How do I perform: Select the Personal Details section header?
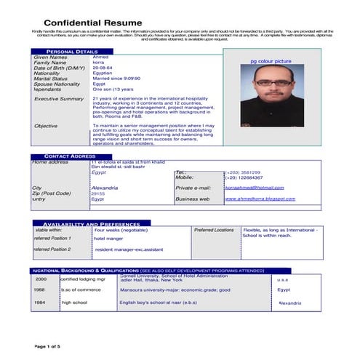click(x=71, y=52)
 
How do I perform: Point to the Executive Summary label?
click(x=59, y=98)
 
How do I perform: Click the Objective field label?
click(x=46, y=126)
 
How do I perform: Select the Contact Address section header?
click(x=69, y=156)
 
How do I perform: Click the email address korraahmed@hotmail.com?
click(x=255, y=188)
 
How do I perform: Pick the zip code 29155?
click(x=98, y=194)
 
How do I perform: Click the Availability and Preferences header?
click(x=87, y=224)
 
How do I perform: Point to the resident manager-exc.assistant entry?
click(x=129, y=249)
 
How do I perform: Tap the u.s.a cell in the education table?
click(x=283, y=279)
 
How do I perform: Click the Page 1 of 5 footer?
click(x=51, y=346)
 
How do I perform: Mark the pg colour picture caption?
click(x=271, y=63)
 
